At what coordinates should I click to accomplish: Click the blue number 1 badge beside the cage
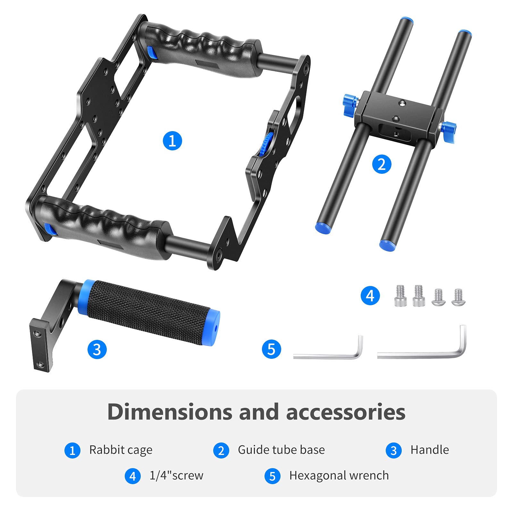[x=172, y=141]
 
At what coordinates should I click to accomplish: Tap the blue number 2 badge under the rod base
[x=382, y=164]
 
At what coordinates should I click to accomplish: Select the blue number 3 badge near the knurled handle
[x=97, y=349]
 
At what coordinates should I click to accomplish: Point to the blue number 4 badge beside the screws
[x=370, y=296]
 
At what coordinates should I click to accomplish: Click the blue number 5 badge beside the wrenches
[x=271, y=349]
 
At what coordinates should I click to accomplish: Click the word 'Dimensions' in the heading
[x=169, y=412]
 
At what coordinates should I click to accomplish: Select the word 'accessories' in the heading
[x=346, y=412]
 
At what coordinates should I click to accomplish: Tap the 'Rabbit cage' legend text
[x=121, y=450]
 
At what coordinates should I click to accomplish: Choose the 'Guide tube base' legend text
[x=281, y=450]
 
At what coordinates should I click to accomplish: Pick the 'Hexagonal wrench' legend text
[x=339, y=475]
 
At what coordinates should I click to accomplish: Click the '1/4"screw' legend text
[x=176, y=475]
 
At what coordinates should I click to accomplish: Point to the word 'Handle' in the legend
[x=430, y=450]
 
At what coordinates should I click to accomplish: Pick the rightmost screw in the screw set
[x=458, y=298]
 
